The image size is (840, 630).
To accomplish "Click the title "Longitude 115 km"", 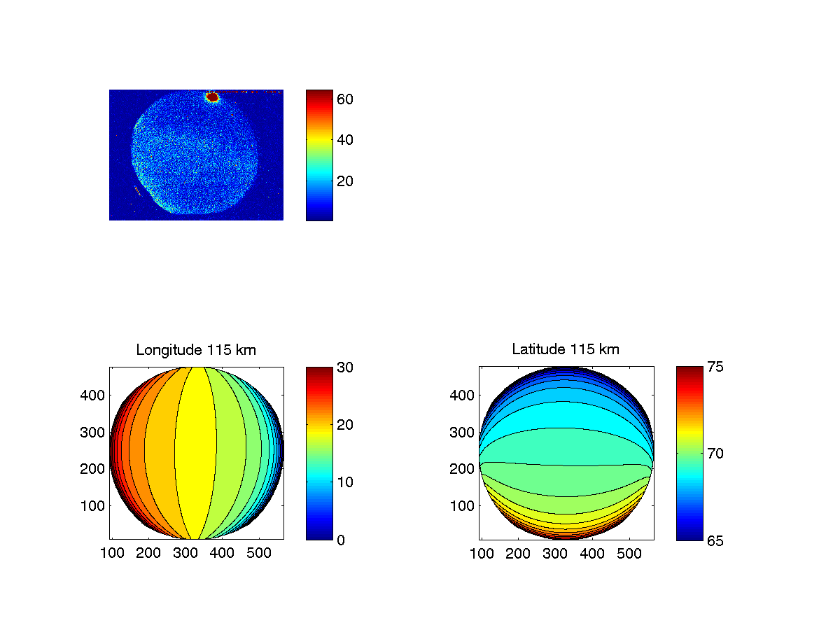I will (x=196, y=349).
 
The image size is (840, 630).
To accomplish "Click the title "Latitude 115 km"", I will (x=566, y=349).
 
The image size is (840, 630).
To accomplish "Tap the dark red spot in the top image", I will (x=213, y=97).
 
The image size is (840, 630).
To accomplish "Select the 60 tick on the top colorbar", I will (x=344, y=99).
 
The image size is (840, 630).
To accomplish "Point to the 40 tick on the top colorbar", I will (x=344, y=140).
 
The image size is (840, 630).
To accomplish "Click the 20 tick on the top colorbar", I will (x=344, y=181).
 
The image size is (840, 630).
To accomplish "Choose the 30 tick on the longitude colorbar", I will (x=344, y=367).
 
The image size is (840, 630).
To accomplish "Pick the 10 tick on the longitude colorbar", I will (x=344, y=482).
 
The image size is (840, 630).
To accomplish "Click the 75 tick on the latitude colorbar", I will (x=714, y=367).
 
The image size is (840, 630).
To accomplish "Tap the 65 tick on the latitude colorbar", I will (x=714, y=540).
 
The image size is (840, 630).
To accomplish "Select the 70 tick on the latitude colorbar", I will (x=714, y=454).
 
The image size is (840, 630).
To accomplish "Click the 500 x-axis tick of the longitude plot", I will (x=259, y=554).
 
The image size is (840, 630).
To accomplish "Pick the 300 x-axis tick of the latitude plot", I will (x=555, y=554).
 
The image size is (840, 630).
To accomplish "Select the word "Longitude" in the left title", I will (x=165, y=349).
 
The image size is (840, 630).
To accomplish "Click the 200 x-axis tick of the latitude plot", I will (x=518, y=554).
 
